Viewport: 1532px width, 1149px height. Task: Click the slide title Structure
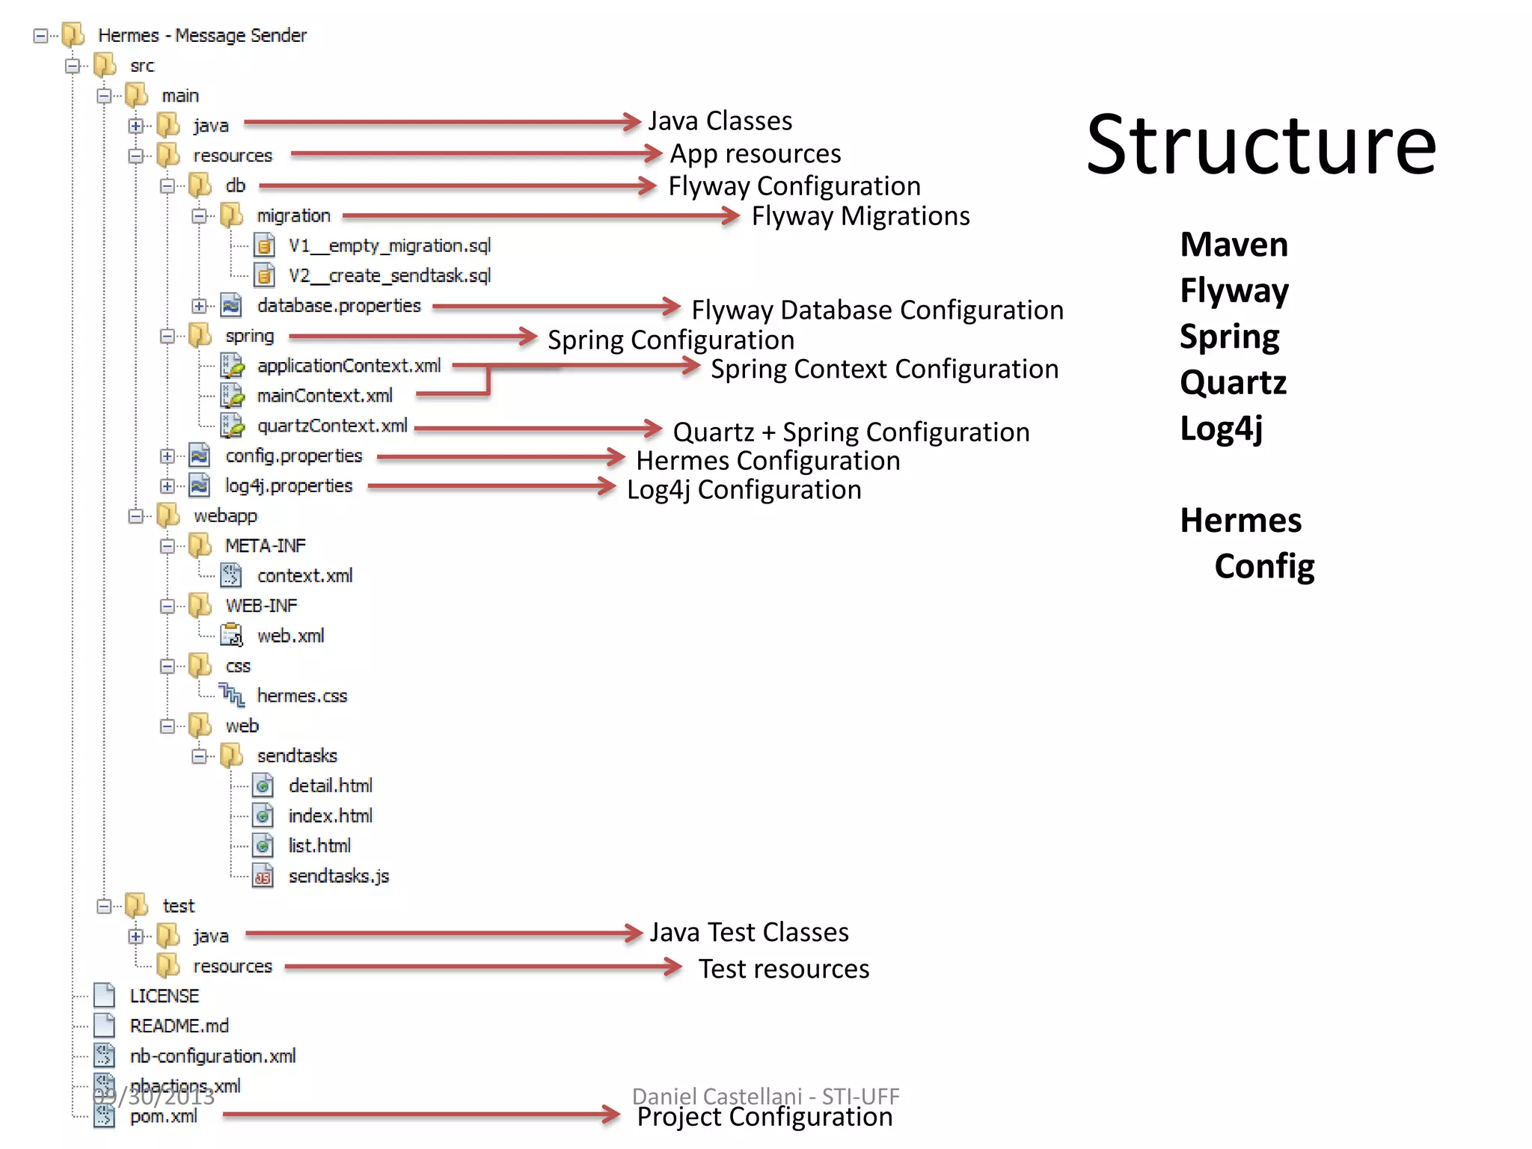1261,145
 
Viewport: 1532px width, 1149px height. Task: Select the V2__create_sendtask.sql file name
389,276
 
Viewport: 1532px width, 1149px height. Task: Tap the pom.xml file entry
163,1116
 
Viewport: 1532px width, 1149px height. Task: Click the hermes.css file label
302,696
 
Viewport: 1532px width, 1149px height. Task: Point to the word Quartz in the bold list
1233,382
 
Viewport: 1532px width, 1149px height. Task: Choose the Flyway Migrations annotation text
860,216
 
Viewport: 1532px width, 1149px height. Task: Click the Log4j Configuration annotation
744,490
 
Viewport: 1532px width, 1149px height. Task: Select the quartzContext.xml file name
332,426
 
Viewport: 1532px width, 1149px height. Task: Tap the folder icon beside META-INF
200,545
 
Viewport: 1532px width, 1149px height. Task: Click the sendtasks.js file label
339,876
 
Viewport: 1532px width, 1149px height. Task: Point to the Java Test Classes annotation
749,933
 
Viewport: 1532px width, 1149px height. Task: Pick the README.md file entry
179,1026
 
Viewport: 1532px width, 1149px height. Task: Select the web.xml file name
290,636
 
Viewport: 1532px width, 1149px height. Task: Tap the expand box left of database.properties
198,306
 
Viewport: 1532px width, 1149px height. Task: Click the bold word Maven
1234,245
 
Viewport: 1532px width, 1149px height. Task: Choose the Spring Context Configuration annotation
884,370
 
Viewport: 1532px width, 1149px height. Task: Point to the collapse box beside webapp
135,516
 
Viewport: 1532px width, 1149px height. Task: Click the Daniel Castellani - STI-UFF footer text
765,1096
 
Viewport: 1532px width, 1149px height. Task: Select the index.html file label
330,816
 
